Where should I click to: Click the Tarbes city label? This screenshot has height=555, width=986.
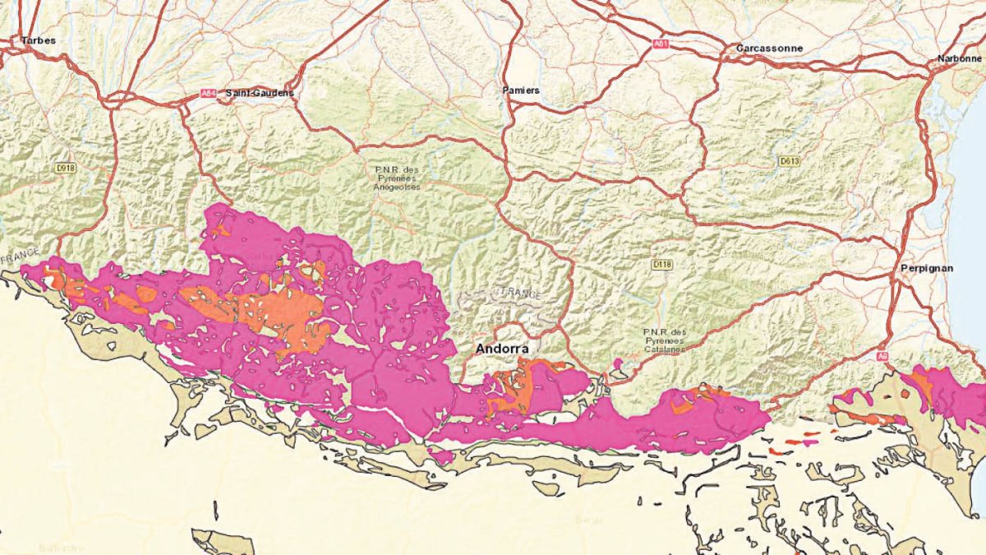pyautogui.click(x=39, y=39)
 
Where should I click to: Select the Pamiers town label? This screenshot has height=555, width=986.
pyautogui.click(x=521, y=90)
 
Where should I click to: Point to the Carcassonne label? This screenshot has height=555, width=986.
pyautogui.click(x=769, y=49)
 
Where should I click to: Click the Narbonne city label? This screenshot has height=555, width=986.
pyautogui.click(x=959, y=58)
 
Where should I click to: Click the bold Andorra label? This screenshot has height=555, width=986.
pyautogui.click(x=501, y=349)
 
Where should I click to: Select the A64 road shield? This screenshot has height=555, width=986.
pyautogui.click(x=209, y=95)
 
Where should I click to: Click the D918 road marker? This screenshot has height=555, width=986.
pyautogui.click(x=66, y=167)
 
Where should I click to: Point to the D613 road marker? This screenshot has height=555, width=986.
pyautogui.click(x=789, y=162)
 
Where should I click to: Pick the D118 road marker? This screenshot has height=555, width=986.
pyautogui.click(x=661, y=264)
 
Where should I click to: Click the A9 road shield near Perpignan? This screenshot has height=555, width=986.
pyautogui.click(x=882, y=356)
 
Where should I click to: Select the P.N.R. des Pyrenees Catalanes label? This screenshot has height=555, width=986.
pyautogui.click(x=664, y=340)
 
